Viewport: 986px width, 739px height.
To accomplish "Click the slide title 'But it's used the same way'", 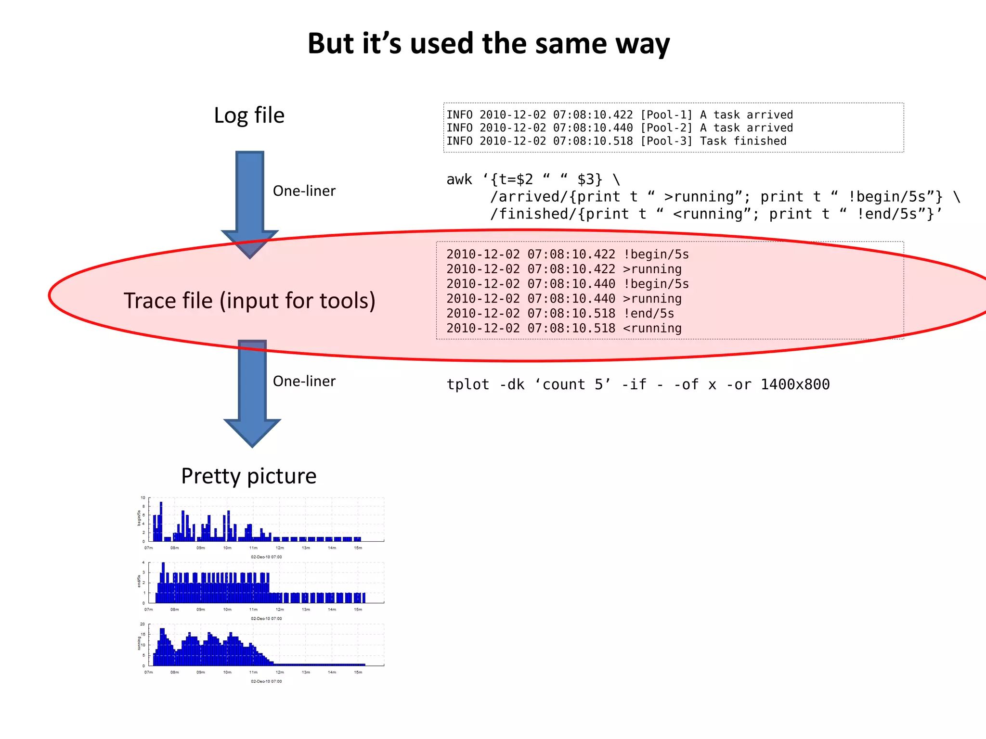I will coord(488,44).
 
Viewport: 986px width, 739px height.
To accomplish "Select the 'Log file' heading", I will coord(249,116).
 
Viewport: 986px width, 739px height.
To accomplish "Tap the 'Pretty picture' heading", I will coord(248,476).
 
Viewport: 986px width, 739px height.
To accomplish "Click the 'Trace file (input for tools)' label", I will coord(249,301).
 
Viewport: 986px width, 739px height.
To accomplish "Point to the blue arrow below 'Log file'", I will coord(250,202).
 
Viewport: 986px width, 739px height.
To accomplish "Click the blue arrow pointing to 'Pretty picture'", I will coord(252,392).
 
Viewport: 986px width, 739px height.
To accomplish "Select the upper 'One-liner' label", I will coord(304,191).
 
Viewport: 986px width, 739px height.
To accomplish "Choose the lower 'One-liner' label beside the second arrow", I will coord(304,381).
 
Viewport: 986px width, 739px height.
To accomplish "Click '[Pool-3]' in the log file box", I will coord(666,141).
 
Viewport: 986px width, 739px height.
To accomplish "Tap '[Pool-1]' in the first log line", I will coord(666,115).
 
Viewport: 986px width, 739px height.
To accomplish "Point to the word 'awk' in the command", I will coord(459,179).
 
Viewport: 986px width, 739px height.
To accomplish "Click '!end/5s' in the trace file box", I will coord(649,314).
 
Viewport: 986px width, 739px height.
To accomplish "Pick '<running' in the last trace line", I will coord(652,329).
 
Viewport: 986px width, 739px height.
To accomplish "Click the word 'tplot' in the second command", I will coord(467,385).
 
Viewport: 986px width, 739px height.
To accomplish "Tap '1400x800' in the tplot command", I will coord(795,385).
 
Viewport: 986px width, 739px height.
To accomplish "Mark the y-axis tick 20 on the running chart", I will coord(143,624).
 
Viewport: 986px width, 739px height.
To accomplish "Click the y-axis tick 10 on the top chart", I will coord(143,497).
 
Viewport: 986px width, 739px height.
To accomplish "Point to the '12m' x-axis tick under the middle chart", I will coord(279,610).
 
